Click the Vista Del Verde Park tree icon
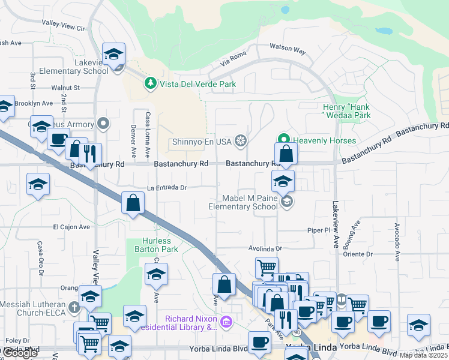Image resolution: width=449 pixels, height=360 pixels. [151, 83]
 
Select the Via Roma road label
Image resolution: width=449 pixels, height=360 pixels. [234, 61]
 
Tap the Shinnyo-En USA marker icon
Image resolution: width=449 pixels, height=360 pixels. [241, 141]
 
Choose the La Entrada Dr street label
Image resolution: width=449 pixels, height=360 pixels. [167, 187]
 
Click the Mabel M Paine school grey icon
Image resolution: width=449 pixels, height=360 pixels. [286, 202]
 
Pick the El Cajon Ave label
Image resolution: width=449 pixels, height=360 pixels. [71, 227]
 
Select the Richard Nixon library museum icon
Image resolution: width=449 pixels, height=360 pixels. [226, 322]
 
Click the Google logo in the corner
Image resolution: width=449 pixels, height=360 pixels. [20, 353]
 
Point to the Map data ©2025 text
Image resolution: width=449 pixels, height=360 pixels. [424, 355]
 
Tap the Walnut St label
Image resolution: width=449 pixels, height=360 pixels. [66, 88]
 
